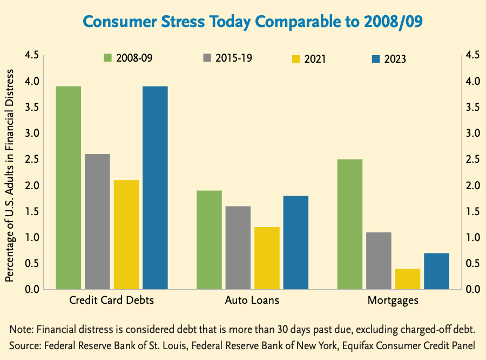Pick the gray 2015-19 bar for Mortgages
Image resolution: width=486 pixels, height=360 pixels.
379,261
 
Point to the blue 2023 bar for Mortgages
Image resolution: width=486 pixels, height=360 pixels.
436,271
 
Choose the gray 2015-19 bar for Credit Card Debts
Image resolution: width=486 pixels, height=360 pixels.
97,222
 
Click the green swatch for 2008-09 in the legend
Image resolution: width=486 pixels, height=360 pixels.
107,57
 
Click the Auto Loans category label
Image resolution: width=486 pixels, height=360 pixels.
253,301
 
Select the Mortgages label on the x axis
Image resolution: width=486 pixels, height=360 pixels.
393,301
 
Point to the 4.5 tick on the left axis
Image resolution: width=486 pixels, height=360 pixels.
32,55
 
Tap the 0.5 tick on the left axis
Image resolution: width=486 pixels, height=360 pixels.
32,264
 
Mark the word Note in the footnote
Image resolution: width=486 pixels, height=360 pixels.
21,329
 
